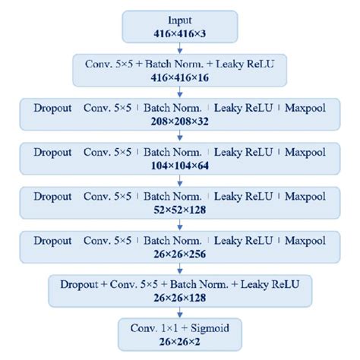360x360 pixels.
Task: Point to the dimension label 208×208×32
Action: [180, 120]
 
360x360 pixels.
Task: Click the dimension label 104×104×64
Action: [180, 164]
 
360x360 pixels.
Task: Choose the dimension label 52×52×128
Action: [180, 208]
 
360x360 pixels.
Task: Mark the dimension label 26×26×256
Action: [180, 252]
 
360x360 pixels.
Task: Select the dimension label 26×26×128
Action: [180, 296]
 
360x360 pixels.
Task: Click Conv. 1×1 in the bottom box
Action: [156, 328]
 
